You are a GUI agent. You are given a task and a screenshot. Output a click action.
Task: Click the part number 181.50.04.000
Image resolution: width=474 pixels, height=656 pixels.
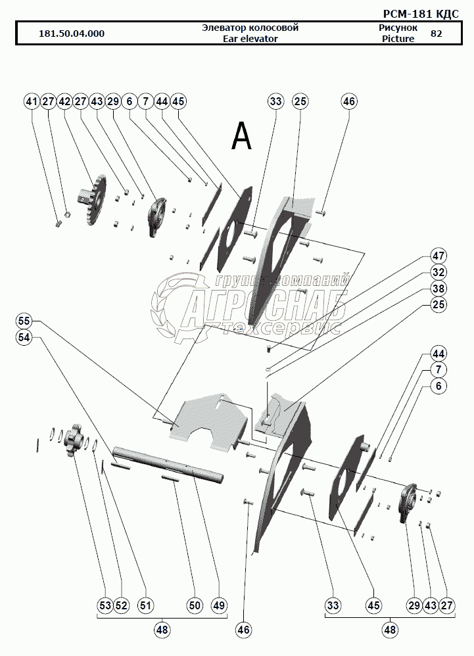(x=72, y=34)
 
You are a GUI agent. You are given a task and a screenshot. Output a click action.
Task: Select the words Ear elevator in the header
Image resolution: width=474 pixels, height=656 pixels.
(x=250, y=39)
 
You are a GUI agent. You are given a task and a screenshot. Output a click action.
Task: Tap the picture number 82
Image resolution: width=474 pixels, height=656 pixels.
(x=436, y=34)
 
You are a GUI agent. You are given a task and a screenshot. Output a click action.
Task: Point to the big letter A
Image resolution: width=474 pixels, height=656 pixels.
(x=241, y=136)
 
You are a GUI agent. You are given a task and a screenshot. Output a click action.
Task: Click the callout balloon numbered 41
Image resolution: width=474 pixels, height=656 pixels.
(x=32, y=102)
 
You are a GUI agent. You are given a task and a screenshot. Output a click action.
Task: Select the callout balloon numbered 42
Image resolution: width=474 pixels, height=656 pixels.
(x=64, y=102)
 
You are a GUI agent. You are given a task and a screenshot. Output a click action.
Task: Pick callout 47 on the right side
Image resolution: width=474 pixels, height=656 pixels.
(x=438, y=256)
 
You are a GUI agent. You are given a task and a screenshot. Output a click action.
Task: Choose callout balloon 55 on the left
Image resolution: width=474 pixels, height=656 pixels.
(x=24, y=321)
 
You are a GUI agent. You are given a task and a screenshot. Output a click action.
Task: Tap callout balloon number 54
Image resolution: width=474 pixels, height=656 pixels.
(x=24, y=337)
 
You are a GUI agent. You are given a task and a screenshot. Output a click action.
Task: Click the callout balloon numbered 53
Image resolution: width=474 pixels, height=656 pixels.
(x=105, y=605)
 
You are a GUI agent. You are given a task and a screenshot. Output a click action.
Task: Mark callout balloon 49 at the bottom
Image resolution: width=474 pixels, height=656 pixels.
(x=219, y=605)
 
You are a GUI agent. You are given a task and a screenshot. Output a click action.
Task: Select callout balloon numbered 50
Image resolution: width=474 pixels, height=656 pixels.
(x=195, y=605)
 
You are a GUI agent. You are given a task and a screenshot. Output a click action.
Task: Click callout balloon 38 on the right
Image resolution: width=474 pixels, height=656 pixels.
(x=438, y=289)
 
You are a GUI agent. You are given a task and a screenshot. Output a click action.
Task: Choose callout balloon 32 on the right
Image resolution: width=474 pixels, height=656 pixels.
(x=438, y=272)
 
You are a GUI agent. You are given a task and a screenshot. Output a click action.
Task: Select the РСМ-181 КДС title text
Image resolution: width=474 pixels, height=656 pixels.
(x=421, y=14)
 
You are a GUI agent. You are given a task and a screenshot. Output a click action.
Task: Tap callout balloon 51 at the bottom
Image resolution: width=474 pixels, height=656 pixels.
(x=145, y=605)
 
